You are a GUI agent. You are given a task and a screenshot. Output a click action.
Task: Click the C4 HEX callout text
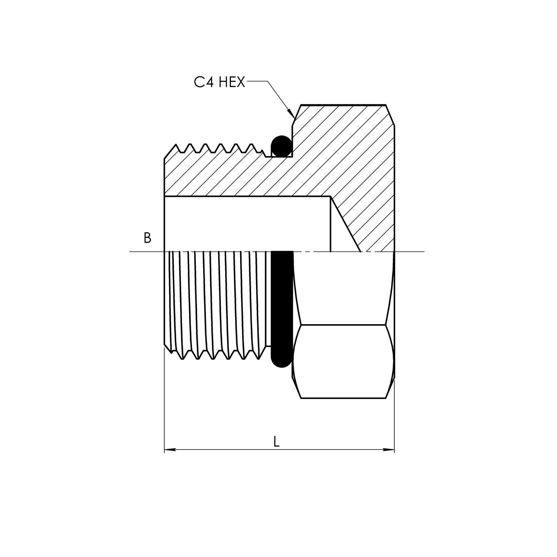[219, 82]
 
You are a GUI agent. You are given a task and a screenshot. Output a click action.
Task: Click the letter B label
[147, 238]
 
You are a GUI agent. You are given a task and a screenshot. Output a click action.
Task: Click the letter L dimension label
[276, 442]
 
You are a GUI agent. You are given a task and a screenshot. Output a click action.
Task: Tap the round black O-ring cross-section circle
[281, 146]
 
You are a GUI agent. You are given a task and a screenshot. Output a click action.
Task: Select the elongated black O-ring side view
[282, 308]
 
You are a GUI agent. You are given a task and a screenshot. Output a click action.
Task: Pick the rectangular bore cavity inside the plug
[247, 224]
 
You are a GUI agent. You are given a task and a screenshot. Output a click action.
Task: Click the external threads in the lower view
[218, 305]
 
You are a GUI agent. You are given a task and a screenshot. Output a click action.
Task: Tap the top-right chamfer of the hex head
[390, 114]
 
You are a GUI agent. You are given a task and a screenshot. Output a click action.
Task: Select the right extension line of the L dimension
[394, 416]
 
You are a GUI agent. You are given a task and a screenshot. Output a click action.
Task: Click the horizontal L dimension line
[231, 449]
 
